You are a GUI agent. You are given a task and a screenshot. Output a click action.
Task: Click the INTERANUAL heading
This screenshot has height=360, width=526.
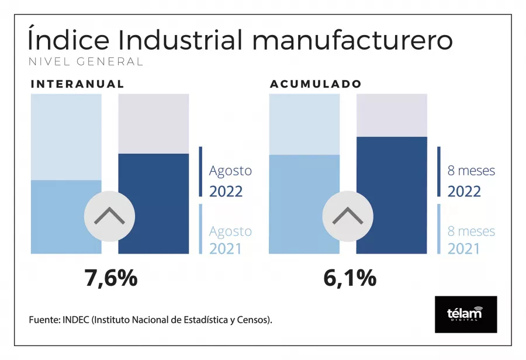pos(77,84)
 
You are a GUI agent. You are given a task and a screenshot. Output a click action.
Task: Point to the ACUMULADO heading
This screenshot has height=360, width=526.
pos(316,84)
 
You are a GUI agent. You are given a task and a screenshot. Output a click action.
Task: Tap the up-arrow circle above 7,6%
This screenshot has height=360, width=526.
pos(109,216)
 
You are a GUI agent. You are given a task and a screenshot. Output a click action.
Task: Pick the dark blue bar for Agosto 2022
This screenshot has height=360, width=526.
pos(154,203)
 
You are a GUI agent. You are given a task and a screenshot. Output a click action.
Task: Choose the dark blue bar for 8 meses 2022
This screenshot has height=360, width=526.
pos(392,195)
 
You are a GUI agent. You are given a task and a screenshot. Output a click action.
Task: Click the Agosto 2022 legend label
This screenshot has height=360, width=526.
pos(230,181)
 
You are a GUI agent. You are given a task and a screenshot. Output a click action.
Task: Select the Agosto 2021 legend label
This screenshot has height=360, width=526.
pos(230,240)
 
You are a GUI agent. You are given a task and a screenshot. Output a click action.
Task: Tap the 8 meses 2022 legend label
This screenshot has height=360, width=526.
pos(470,181)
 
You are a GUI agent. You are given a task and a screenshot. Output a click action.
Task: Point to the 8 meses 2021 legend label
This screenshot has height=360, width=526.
pos(470,240)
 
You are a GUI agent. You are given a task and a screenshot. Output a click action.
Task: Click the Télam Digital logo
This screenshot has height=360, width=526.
pos(466,314)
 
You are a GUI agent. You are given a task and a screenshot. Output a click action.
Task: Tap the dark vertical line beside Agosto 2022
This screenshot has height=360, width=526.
pos(200,172)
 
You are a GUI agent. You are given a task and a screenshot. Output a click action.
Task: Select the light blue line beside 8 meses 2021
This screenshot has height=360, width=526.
pos(439,229)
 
